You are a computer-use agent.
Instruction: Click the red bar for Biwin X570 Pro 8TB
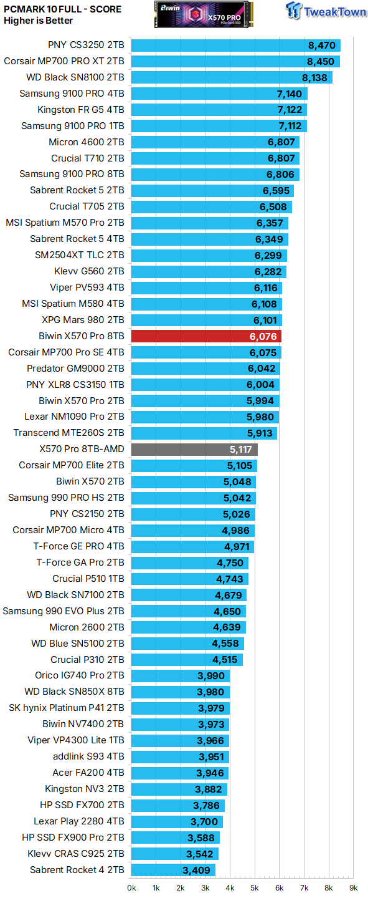tap(206, 336)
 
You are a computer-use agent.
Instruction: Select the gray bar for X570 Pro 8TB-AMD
tap(194, 449)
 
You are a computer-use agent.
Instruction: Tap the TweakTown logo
tap(326, 12)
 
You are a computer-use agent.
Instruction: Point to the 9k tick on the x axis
tap(352, 887)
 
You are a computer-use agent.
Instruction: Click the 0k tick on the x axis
tap(132, 887)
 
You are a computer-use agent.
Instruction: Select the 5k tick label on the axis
tap(254, 887)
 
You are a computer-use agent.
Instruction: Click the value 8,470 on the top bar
tap(321, 46)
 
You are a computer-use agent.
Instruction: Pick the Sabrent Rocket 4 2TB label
tap(77, 870)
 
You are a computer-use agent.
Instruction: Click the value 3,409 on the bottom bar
tap(196, 870)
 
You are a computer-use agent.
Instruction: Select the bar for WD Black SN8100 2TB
tap(232, 77)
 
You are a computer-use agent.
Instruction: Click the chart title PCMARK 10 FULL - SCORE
tap(62, 9)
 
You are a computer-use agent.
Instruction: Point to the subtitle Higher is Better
tap(38, 21)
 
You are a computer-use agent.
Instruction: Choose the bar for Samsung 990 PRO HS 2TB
tap(193, 498)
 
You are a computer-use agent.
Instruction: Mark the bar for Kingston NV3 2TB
tap(179, 789)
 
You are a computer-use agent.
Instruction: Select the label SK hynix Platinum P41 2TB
tap(67, 708)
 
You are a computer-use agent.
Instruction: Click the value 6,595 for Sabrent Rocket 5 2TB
tap(275, 191)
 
